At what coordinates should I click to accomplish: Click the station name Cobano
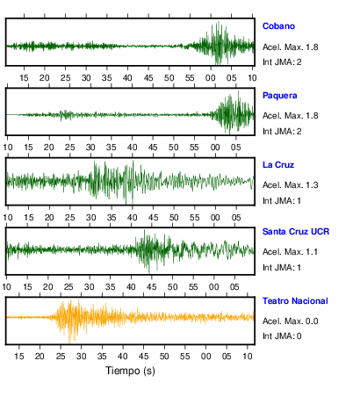[x=278, y=26]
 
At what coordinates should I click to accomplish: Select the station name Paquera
[x=280, y=96]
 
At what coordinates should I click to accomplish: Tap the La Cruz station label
[x=278, y=165]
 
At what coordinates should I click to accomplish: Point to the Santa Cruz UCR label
[x=296, y=232]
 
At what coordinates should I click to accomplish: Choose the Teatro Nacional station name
[x=295, y=301]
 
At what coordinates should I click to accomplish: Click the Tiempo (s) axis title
[x=130, y=371]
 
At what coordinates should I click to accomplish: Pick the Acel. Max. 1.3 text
[x=291, y=185]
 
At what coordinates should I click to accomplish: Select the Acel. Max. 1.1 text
[x=291, y=252]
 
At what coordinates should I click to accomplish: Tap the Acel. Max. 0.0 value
[x=291, y=321]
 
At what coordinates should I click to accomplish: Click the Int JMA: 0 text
[x=282, y=336]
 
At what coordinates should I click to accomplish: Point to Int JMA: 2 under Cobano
[x=282, y=62]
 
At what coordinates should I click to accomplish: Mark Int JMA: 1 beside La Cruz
[x=282, y=201]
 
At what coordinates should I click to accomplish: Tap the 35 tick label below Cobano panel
[x=106, y=78]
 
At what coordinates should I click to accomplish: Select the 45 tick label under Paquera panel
[x=153, y=148]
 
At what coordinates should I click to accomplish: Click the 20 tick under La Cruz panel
[x=49, y=218]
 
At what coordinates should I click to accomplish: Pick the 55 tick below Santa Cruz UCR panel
[x=193, y=287]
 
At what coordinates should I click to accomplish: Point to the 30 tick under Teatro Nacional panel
[x=81, y=357]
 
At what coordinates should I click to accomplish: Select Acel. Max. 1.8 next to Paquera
[x=291, y=116]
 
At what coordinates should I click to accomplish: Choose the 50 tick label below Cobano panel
[x=169, y=78]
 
